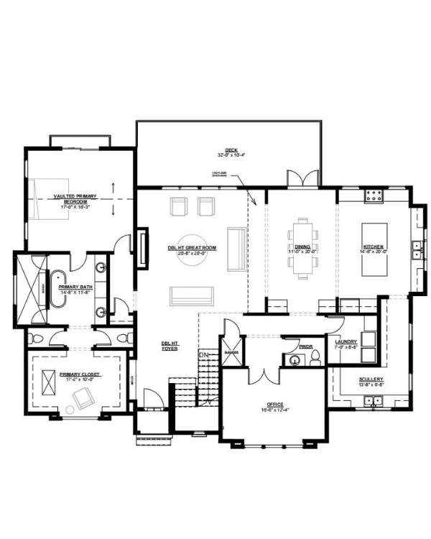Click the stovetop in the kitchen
click(374, 194)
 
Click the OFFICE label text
click(274, 405)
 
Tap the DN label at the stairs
click(203, 355)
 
